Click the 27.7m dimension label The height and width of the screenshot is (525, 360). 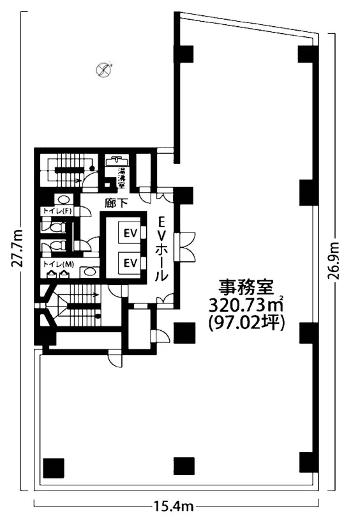click(17, 248)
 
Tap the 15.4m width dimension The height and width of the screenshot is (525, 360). click(174, 506)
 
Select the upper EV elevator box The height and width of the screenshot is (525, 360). click(130, 233)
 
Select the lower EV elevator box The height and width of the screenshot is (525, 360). click(130, 263)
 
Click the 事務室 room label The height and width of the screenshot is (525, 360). click(246, 287)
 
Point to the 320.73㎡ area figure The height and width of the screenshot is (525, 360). click(246, 305)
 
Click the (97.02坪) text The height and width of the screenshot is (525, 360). click(246, 323)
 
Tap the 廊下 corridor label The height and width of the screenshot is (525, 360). click(116, 203)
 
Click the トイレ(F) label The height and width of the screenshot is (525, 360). click(57, 211)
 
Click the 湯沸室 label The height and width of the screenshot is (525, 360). click(121, 179)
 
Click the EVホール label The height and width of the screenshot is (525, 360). click(162, 248)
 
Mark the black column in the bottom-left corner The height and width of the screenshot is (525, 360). click(54, 468)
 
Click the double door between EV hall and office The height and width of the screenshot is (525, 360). click(185, 247)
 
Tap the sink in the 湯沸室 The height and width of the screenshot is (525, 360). click(116, 160)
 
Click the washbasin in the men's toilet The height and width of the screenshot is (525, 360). click(89, 271)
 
